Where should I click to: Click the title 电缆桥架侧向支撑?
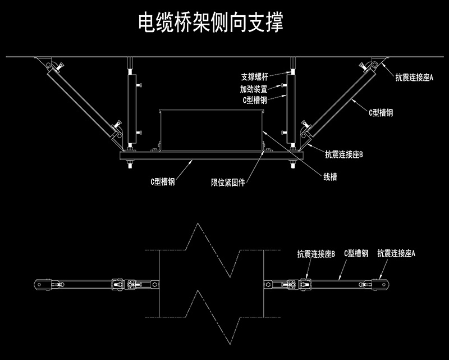click(211, 22)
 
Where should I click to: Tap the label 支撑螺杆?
click(255, 77)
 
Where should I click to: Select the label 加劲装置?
click(254, 89)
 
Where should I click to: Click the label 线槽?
click(330, 177)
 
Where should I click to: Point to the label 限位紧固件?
click(228, 183)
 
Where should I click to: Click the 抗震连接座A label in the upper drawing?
click(414, 78)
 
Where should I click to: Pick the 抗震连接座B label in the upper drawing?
click(344, 155)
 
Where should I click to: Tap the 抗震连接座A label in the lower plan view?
click(396, 253)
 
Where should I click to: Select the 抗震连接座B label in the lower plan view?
click(316, 254)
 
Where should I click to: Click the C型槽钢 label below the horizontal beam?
click(163, 182)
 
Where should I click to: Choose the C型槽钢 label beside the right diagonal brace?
click(381, 113)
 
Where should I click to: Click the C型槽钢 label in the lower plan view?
click(356, 253)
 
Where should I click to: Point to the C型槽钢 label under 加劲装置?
click(255, 100)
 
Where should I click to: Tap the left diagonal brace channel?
click(83, 101)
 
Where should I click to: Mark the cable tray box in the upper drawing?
click(212, 130)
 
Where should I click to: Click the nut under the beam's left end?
click(130, 164)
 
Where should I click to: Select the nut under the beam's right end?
click(293, 164)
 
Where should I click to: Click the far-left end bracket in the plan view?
click(43, 285)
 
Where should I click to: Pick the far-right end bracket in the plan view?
click(381, 285)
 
